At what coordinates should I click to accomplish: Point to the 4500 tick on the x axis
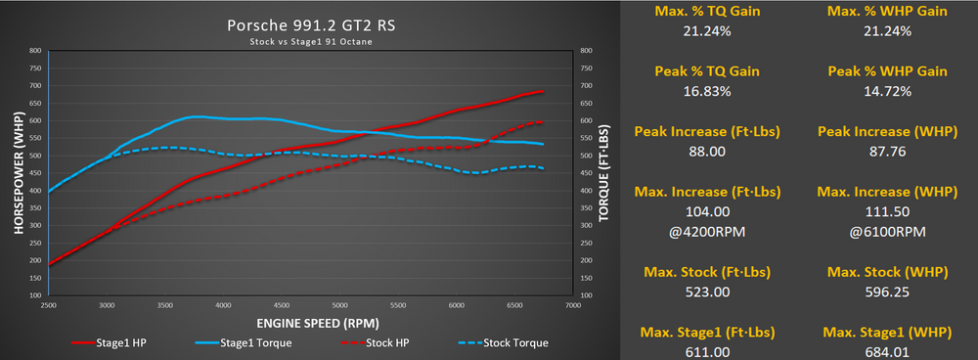point(282,305)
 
